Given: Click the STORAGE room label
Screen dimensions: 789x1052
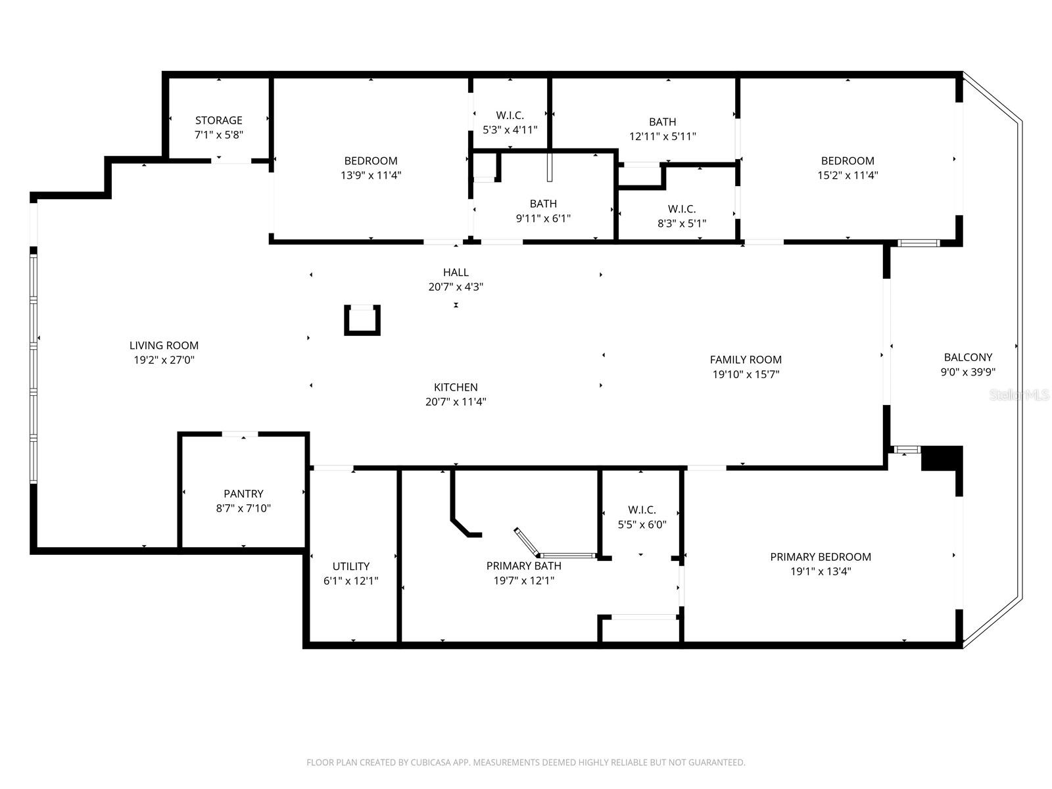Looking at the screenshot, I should point(218,120).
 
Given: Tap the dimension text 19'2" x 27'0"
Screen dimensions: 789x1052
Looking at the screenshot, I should point(164,360).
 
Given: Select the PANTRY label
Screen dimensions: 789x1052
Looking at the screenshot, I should point(243,494).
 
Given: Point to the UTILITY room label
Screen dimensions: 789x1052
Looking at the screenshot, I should point(351,566).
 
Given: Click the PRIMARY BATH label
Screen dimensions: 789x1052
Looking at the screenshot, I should point(523,566).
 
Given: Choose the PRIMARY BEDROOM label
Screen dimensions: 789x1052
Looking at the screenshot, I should point(821,557).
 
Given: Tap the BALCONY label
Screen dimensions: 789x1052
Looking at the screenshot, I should point(968,358).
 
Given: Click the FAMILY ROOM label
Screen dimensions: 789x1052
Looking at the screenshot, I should point(746,360).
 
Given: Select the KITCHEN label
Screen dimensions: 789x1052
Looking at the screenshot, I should point(456,387).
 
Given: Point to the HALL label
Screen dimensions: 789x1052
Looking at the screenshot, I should point(456,272).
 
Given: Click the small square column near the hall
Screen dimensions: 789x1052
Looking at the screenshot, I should point(362,320).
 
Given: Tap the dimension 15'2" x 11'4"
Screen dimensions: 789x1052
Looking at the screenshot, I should point(848,176).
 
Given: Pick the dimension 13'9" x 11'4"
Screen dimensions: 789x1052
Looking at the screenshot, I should point(371,176).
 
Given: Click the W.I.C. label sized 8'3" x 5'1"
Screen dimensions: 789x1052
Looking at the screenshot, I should point(682,209).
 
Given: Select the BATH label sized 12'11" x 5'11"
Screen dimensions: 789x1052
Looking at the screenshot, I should point(662,122).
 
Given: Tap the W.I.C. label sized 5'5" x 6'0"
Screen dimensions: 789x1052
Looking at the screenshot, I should point(642,510).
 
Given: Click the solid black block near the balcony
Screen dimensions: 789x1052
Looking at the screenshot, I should point(942,458).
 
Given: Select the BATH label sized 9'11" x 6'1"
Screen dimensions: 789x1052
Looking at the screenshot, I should point(543,204).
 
